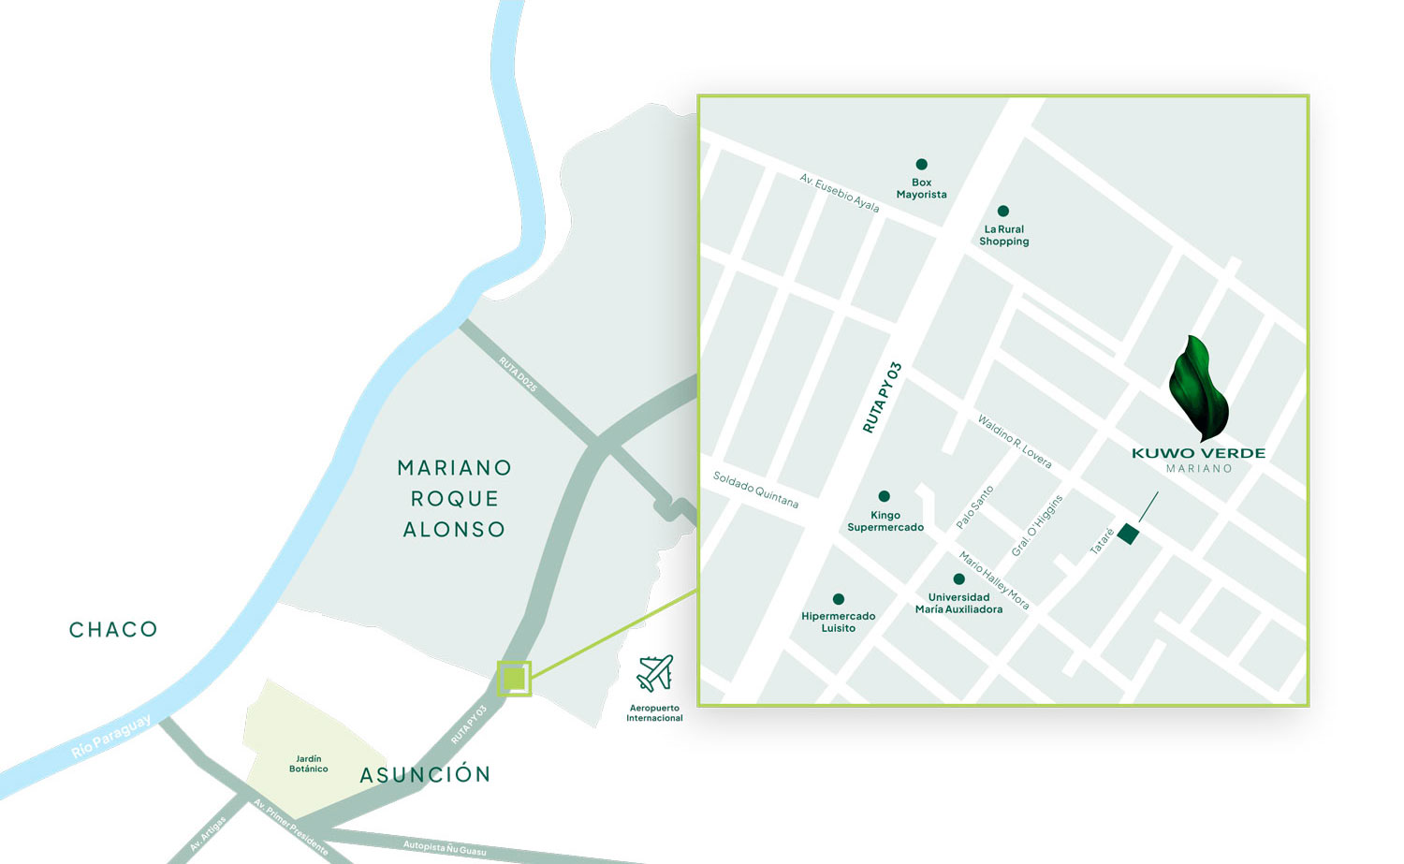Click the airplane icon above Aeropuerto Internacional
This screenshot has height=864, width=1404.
point(655,673)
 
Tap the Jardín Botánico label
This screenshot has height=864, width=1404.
point(309,764)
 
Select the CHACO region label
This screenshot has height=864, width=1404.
point(113,630)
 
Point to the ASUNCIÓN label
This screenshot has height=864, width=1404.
point(425,775)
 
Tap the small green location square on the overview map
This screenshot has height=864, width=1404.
point(514,679)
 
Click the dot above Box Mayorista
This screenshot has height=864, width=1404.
point(922,165)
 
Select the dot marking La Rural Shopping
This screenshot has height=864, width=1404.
point(1003,212)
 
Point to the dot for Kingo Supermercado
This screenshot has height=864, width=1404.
point(885,496)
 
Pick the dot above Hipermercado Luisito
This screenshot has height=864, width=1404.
point(839,599)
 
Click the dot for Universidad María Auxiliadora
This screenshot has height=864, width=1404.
point(958,579)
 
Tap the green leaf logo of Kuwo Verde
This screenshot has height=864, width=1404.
point(1198,388)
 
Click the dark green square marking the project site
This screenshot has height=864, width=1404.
point(1128,535)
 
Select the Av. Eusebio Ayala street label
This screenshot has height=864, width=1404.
point(840,192)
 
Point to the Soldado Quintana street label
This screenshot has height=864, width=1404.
point(755,490)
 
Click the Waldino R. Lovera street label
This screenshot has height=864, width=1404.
point(1015,441)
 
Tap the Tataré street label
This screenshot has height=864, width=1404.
point(1103,541)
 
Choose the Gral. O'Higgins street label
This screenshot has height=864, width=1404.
point(1038,526)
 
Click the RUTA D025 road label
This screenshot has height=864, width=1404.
point(518,374)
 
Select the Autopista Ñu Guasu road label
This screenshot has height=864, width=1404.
point(445,847)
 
